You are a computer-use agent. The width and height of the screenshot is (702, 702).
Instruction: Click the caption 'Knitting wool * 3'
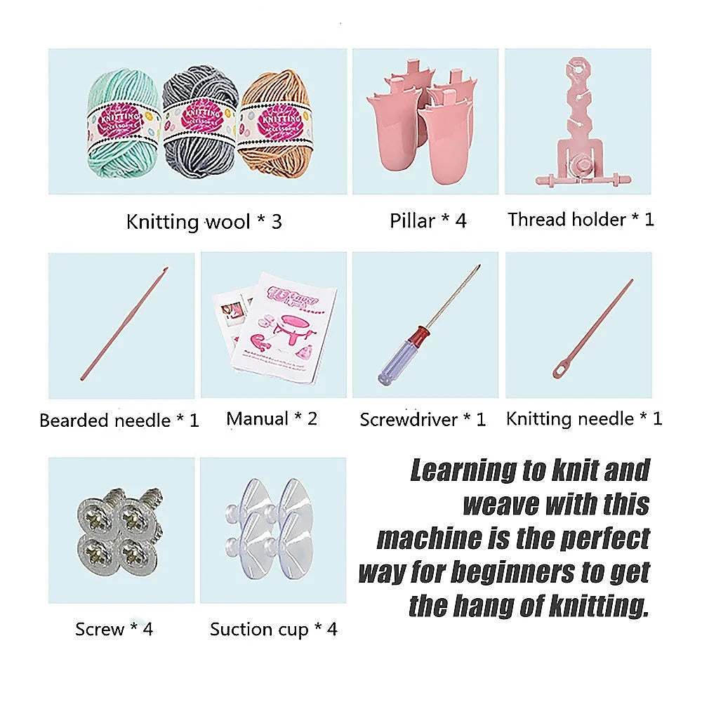tap(204, 222)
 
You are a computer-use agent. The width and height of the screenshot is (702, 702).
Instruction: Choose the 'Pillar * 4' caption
tap(428, 220)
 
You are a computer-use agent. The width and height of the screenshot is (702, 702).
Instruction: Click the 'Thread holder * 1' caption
tap(581, 220)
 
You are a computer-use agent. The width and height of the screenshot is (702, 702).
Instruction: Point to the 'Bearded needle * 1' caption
tap(119, 420)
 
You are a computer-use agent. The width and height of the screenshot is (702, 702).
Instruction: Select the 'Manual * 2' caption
tap(272, 419)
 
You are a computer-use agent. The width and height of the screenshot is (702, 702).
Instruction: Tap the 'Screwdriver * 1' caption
tap(423, 420)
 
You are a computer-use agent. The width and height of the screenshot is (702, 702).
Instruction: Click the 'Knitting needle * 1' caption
tap(583, 419)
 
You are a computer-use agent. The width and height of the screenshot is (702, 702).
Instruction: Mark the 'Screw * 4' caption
tap(114, 628)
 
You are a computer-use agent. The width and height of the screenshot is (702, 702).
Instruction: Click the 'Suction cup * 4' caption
tap(273, 629)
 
